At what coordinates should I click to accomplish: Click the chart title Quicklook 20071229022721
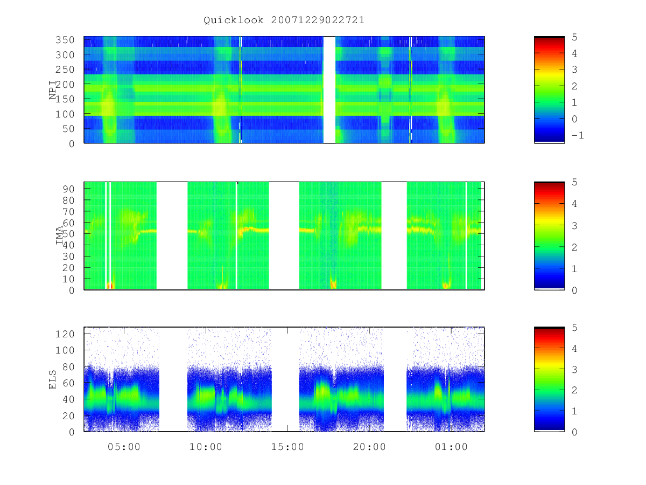click(284, 20)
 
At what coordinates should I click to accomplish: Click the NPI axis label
click(53, 90)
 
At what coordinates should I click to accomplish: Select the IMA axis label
click(59, 235)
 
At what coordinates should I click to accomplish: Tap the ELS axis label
click(52, 379)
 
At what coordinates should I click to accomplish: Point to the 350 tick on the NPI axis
click(65, 40)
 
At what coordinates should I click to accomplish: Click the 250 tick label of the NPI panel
click(65, 70)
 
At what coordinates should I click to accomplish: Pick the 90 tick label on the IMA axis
click(68, 189)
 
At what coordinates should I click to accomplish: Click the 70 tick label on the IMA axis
click(68, 211)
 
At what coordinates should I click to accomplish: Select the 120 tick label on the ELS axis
click(65, 334)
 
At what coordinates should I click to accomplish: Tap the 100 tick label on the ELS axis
click(65, 350)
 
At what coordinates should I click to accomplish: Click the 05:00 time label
click(124, 447)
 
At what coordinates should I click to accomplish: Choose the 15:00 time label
click(287, 447)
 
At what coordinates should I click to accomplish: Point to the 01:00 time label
click(451, 447)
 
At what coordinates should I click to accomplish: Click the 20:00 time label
click(369, 447)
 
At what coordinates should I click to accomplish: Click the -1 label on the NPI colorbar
click(578, 135)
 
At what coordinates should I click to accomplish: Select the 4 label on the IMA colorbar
click(574, 204)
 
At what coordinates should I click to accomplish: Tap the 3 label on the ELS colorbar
click(574, 369)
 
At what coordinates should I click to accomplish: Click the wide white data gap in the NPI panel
click(329, 90)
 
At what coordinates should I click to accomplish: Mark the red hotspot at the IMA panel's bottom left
click(109, 286)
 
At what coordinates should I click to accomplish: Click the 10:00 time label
click(206, 447)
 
